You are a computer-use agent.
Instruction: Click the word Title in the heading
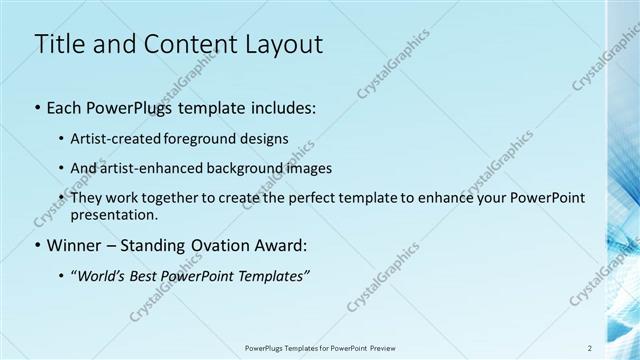click(59, 44)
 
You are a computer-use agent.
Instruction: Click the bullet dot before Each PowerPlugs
click(38, 106)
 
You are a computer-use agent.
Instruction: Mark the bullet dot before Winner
click(38, 244)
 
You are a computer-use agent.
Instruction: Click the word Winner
click(75, 244)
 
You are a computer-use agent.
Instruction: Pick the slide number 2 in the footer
click(589, 347)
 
